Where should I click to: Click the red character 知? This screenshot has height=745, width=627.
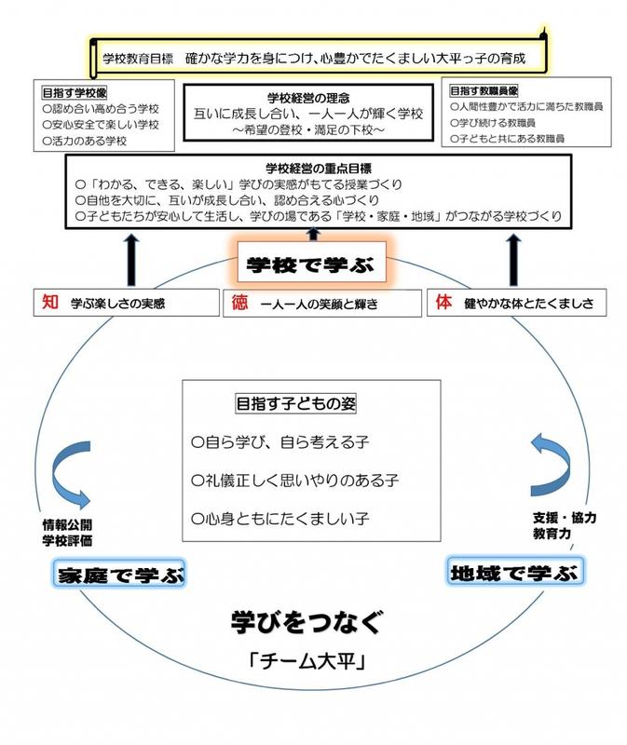(x=50, y=302)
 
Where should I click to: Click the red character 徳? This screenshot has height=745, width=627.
(x=239, y=302)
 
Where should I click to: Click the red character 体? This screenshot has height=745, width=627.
(x=443, y=302)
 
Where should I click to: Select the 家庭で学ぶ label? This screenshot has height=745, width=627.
(x=119, y=574)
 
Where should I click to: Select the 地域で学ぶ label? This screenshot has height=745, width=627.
(x=515, y=573)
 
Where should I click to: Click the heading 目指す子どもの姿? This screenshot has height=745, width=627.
(x=295, y=404)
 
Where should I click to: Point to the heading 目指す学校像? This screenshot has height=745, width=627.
(x=75, y=92)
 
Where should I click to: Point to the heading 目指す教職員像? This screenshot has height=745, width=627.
(x=484, y=90)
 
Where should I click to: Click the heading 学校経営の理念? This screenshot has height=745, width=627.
(x=308, y=99)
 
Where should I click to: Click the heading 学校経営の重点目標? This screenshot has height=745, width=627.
(x=319, y=169)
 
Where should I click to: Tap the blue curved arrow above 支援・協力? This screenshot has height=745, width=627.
(x=551, y=465)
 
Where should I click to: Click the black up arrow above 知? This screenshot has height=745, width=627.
(x=131, y=261)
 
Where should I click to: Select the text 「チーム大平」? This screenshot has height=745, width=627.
(x=308, y=660)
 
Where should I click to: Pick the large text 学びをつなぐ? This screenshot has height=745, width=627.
(x=307, y=622)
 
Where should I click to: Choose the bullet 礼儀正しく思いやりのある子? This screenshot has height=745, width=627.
(x=294, y=481)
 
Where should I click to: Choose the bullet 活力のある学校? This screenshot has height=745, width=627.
(x=85, y=142)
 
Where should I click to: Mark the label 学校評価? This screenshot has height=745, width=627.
(x=67, y=541)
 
